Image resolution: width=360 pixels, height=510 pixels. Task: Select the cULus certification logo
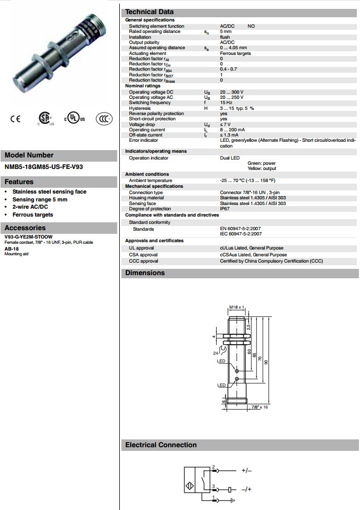pos(74,119)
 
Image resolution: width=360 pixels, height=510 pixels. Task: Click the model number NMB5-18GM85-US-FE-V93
pos(43,167)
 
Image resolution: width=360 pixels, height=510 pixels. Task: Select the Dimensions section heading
pos(145,273)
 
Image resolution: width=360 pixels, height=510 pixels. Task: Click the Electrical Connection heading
pos(161,445)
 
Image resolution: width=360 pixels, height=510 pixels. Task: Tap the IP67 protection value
pos(225,209)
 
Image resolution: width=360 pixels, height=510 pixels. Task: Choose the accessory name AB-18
pos(12,249)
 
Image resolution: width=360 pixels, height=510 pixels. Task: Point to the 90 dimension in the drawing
pos(265,362)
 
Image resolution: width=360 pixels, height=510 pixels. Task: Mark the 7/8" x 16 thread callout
pos(260,406)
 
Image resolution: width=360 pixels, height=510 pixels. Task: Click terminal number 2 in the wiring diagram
pos(213,466)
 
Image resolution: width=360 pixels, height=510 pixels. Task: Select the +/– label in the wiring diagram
pos(246,471)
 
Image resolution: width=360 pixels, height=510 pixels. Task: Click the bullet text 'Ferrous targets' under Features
pos(33,214)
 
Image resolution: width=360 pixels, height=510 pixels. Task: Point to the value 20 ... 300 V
pos(232,92)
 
